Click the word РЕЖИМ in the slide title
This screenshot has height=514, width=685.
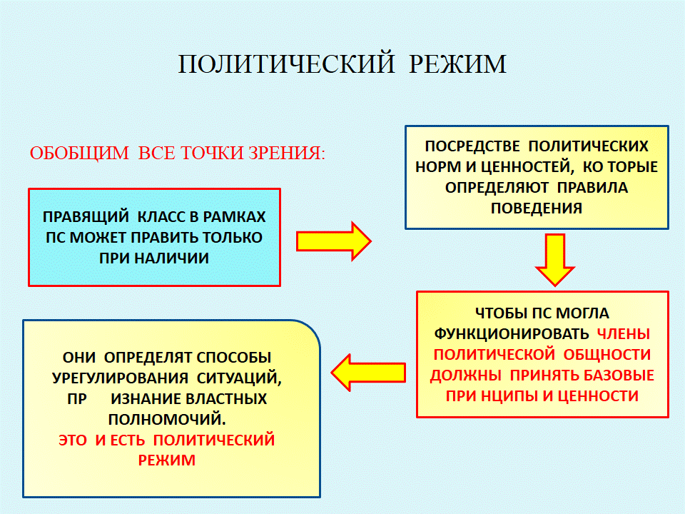(457, 64)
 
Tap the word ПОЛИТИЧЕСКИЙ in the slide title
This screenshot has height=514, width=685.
(287, 64)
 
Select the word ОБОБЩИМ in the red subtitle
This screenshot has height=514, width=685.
(79, 153)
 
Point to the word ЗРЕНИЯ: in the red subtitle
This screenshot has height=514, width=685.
(287, 153)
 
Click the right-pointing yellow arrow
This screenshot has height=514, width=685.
(334, 241)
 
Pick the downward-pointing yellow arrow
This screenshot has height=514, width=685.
(555, 260)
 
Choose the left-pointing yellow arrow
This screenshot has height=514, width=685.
(368, 373)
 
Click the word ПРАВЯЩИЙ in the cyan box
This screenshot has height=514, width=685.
(86, 217)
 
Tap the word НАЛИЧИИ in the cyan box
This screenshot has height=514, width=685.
(172, 258)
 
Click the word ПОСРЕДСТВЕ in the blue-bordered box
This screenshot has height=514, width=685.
(472, 146)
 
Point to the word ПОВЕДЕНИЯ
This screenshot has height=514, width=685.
(537, 208)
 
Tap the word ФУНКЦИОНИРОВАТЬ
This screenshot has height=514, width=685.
(512, 334)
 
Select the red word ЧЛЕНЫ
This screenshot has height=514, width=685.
(624, 334)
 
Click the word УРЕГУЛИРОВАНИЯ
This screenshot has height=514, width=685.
(120, 378)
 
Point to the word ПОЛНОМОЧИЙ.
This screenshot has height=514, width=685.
(167, 420)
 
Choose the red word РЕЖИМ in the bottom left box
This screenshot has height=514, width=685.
(166, 460)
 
